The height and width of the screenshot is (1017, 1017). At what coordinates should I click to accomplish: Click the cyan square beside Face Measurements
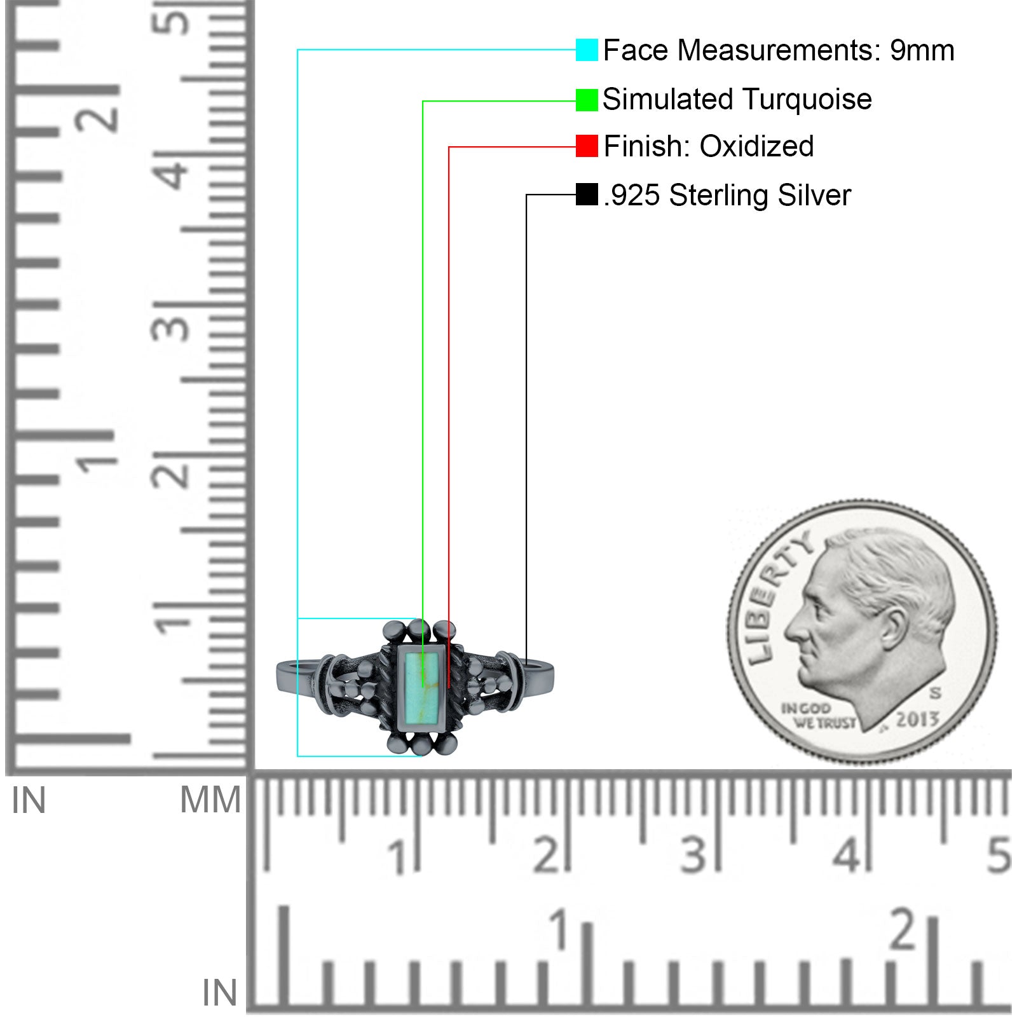click(x=587, y=50)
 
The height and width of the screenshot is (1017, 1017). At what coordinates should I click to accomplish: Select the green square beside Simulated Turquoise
click(x=587, y=100)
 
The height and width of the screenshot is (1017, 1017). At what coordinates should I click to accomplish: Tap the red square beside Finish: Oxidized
click(x=587, y=146)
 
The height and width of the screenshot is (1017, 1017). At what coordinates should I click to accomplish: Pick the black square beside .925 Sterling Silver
click(x=587, y=195)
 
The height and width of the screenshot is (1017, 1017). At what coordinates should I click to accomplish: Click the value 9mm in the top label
click(x=922, y=50)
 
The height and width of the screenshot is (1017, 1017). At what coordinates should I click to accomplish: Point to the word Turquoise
click(x=807, y=100)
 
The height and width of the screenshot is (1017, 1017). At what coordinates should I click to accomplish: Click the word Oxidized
click(x=756, y=146)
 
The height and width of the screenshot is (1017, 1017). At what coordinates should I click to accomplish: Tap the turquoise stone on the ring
click(x=420, y=687)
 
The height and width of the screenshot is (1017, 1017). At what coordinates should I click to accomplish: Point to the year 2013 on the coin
click(x=917, y=719)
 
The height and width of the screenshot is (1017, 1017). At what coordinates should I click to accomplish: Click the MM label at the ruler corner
click(x=210, y=800)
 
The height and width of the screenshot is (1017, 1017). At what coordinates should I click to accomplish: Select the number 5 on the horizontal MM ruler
click(x=999, y=855)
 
